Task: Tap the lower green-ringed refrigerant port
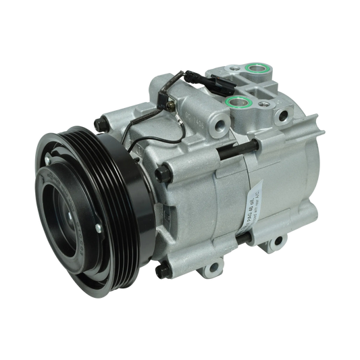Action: pos(236,103)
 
